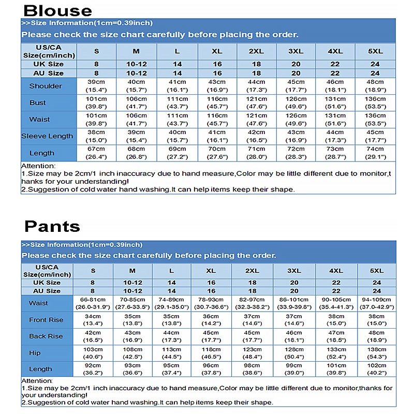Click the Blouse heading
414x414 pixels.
point(58,10)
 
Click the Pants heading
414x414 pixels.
point(52,226)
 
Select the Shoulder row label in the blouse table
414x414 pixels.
point(46,86)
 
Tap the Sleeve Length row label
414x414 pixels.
point(47,136)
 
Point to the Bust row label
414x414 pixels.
point(37,102)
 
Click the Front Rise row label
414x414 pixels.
point(46,320)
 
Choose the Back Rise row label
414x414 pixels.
point(46,336)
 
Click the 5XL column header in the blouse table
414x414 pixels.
point(375,51)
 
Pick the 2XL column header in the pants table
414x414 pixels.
point(252,271)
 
